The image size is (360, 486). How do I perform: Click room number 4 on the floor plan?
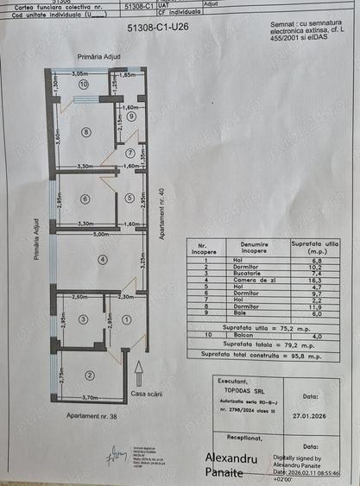[x=102, y=259]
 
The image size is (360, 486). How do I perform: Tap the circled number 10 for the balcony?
[x=84, y=85]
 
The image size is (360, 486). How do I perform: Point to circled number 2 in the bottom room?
[x=89, y=375]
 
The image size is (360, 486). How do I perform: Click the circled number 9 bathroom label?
[x=131, y=116]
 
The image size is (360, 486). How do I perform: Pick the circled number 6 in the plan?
[x=85, y=199]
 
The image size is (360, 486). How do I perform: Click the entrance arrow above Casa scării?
[x=137, y=372]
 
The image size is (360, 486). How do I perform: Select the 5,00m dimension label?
[x=102, y=233]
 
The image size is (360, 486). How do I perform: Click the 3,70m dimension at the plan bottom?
[x=89, y=397]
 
